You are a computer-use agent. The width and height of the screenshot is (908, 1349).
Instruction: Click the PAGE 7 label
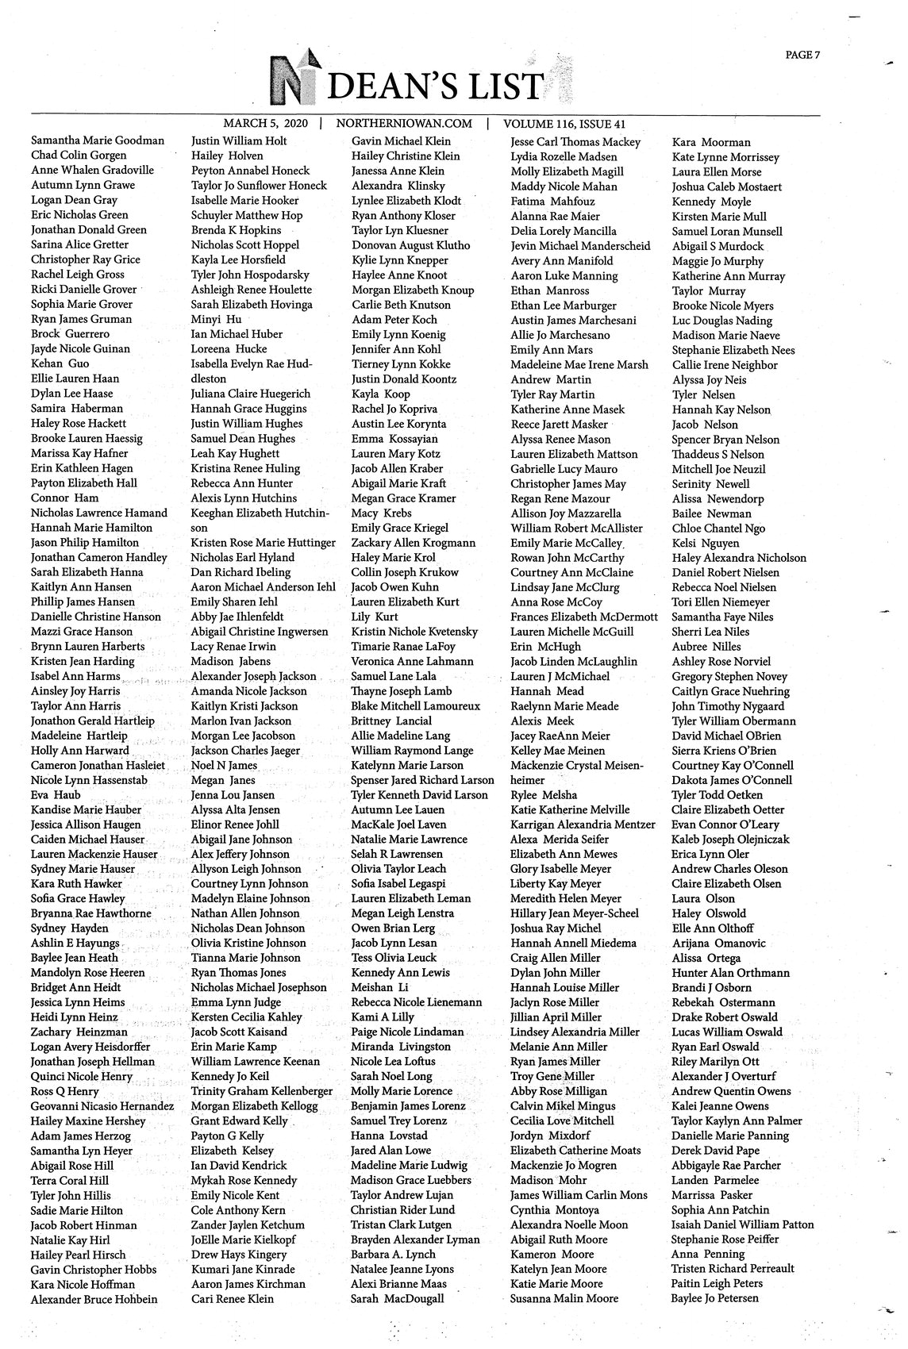[x=802, y=55]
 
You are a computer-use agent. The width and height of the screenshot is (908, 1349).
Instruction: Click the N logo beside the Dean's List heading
[x=291, y=81]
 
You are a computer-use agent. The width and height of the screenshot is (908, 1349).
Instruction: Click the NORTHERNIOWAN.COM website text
[x=404, y=124]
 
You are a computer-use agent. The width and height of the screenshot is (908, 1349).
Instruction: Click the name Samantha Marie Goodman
[x=98, y=140]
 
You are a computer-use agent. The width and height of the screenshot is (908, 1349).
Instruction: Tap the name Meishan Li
[x=380, y=987]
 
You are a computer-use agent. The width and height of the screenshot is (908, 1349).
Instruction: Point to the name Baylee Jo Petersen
[x=714, y=1298]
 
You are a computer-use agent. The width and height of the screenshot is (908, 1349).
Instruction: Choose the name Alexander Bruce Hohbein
[x=94, y=1299]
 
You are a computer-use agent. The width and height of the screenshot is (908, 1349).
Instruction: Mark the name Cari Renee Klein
[x=232, y=1299]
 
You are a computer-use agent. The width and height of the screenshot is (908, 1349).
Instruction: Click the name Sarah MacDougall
[x=397, y=1299]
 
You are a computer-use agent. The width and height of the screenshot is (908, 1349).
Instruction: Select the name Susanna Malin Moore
[x=564, y=1298]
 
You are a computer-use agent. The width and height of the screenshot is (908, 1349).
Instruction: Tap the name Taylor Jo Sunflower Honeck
[x=259, y=186]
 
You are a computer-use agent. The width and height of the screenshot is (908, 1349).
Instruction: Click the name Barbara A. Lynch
[x=394, y=1255]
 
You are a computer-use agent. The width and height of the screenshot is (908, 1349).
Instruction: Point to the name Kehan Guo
[x=60, y=363]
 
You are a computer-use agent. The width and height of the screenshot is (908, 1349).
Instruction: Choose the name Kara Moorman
[x=711, y=142]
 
